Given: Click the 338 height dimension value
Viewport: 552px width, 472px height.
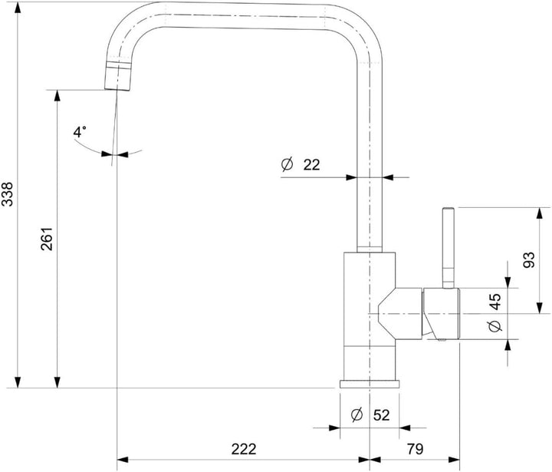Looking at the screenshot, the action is click(x=8, y=194).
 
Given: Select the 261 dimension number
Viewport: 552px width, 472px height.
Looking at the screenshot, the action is click(x=47, y=239).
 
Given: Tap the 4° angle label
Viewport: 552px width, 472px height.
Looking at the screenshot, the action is click(x=79, y=132).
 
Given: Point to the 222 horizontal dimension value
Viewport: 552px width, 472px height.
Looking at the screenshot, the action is click(x=244, y=449).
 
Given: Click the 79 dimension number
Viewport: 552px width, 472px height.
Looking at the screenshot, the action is click(x=416, y=449).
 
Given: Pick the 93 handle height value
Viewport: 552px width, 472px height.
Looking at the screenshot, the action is click(x=529, y=260).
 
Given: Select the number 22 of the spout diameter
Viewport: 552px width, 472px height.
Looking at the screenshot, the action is click(x=311, y=164).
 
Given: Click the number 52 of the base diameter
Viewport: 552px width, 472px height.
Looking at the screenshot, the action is click(x=382, y=415).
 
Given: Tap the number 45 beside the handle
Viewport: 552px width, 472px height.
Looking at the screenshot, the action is click(x=495, y=302).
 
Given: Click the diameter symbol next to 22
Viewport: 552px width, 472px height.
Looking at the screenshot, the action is click(x=287, y=164).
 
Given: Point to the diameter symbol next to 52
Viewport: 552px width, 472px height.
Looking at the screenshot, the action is click(x=357, y=415).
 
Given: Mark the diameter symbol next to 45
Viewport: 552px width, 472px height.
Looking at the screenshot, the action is click(x=495, y=327).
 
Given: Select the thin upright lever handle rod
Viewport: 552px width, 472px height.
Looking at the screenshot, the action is click(x=449, y=248).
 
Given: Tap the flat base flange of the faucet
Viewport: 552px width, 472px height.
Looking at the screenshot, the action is click(x=370, y=385).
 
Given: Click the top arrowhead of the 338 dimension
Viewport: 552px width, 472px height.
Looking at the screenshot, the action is click(x=17, y=8).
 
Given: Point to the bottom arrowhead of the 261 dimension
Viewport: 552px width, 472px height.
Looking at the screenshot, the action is click(x=57, y=382).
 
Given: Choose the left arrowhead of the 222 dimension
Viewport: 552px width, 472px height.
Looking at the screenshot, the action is click(x=123, y=460).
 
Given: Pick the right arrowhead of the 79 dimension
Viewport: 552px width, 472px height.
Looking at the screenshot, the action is click(x=454, y=460).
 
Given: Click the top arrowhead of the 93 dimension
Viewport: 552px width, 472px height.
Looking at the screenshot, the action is click(x=540, y=213).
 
